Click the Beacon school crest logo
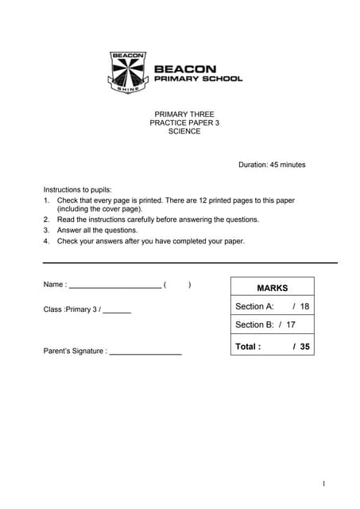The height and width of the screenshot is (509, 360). [127, 72]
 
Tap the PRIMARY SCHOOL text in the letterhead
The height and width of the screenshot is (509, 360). [198, 79]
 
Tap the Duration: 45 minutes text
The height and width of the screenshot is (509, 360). [272, 165]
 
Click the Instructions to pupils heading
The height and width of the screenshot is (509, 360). [83, 190]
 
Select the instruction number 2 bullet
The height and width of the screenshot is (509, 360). [47, 220]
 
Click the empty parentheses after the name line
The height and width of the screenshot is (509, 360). [177, 285]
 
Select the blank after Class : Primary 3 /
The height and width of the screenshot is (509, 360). [117, 310]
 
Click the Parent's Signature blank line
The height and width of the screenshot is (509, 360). [145, 352]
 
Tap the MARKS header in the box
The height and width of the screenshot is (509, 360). [272, 288]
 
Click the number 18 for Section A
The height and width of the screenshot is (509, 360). [304, 306]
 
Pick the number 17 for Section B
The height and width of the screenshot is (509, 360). [291, 324]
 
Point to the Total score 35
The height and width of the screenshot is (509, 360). [305, 347]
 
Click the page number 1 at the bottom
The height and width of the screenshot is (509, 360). [324, 484]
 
